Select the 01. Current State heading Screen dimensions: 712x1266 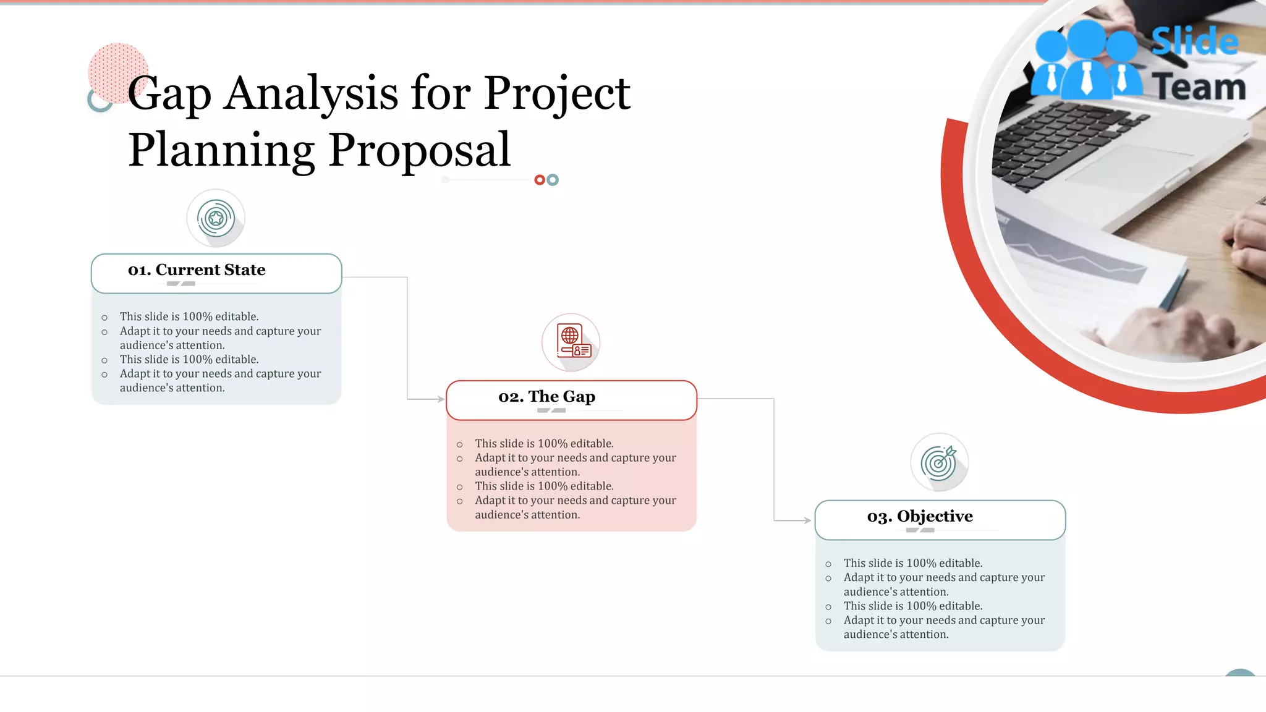tap(197, 270)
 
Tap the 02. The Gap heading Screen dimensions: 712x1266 tap(546, 397)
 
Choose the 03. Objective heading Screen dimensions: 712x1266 tap(919, 517)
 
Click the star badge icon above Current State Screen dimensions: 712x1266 tap(216, 218)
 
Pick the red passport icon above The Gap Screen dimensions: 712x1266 tap(572, 342)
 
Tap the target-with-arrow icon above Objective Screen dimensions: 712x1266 tap(939, 462)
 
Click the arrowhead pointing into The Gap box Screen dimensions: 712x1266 tap(441, 399)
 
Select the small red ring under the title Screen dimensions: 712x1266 tap(540, 180)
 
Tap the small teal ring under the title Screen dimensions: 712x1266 tap(553, 180)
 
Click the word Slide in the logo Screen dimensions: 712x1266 tap(1195, 42)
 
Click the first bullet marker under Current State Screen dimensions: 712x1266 tap(104, 318)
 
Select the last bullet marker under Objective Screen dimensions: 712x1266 tap(828, 621)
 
